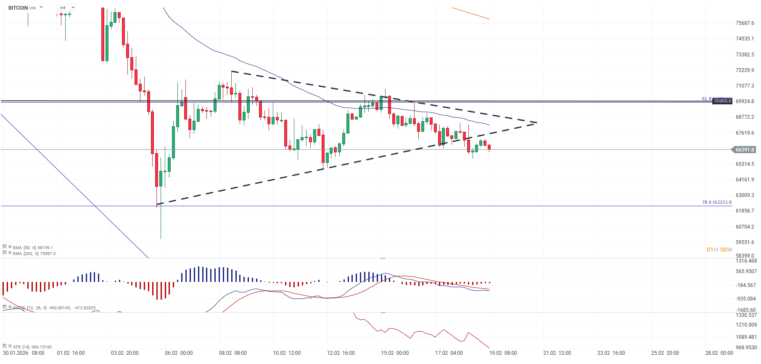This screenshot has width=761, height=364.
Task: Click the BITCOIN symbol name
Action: click(18, 8)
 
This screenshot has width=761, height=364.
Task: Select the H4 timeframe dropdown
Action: click(67, 8)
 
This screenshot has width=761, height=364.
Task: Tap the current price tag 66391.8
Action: click(745, 150)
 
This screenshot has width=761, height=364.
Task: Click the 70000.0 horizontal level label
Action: click(722, 101)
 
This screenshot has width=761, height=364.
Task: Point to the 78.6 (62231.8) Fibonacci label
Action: click(716, 202)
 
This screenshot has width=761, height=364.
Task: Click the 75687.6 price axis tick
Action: click(745, 23)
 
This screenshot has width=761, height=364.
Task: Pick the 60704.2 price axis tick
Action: click(745, 227)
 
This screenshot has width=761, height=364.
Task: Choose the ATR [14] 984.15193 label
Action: click(32, 347)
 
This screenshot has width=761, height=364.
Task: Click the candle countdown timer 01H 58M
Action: click(719, 250)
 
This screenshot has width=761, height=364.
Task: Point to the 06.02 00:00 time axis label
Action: click(179, 353)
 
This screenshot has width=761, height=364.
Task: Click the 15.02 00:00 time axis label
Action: click(395, 353)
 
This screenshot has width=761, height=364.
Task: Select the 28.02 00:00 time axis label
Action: click(719, 353)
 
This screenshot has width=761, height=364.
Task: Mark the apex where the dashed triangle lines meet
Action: click(537, 122)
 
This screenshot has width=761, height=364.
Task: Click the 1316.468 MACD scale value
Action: click(746, 261)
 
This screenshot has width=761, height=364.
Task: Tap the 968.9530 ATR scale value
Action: click(746, 348)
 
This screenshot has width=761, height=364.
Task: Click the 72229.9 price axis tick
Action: click(745, 70)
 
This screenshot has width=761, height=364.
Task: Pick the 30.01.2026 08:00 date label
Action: click(24, 353)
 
